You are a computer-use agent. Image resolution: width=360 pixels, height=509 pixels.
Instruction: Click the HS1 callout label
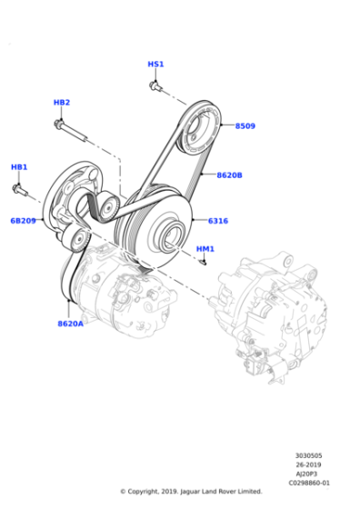tap(155, 64)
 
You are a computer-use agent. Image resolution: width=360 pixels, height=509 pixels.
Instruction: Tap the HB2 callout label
tap(62, 103)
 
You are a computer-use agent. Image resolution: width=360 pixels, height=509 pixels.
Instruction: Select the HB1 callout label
tap(19, 167)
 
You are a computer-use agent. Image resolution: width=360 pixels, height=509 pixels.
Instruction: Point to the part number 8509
tap(245, 126)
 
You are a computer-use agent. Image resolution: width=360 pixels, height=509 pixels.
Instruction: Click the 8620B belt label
tap(229, 175)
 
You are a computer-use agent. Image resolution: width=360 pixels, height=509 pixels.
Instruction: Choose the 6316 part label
tap(218, 221)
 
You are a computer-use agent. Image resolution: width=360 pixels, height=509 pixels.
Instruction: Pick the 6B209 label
tap(23, 221)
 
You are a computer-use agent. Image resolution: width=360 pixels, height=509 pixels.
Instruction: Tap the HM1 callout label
tap(205, 249)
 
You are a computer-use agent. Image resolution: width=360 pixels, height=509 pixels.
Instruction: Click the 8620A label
tap(70, 324)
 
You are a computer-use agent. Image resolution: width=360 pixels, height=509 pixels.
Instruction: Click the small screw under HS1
tap(155, 86)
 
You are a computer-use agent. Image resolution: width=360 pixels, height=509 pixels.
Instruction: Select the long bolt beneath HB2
tap(70, 131)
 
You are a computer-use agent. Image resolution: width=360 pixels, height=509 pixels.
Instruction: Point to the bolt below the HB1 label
tap(20, 190)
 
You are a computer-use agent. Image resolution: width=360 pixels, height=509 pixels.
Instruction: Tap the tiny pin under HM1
tap(204, 263)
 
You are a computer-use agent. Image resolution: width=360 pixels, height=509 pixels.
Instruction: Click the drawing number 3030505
tap(309, 455)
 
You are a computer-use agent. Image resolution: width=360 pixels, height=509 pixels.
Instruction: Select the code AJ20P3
tap(306, 474)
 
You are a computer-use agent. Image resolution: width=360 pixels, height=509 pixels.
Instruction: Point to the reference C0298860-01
tap(309, 483)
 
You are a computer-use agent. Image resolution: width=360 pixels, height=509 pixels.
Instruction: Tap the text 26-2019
tap(308, 464)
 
